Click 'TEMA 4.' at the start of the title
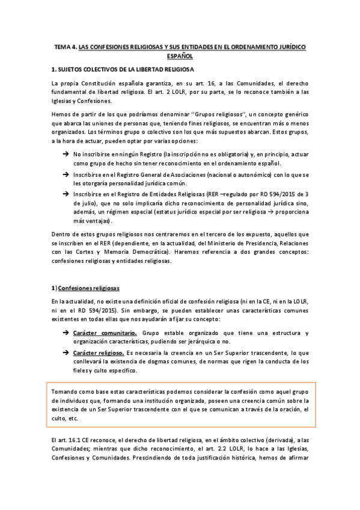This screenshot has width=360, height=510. (66, 46)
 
